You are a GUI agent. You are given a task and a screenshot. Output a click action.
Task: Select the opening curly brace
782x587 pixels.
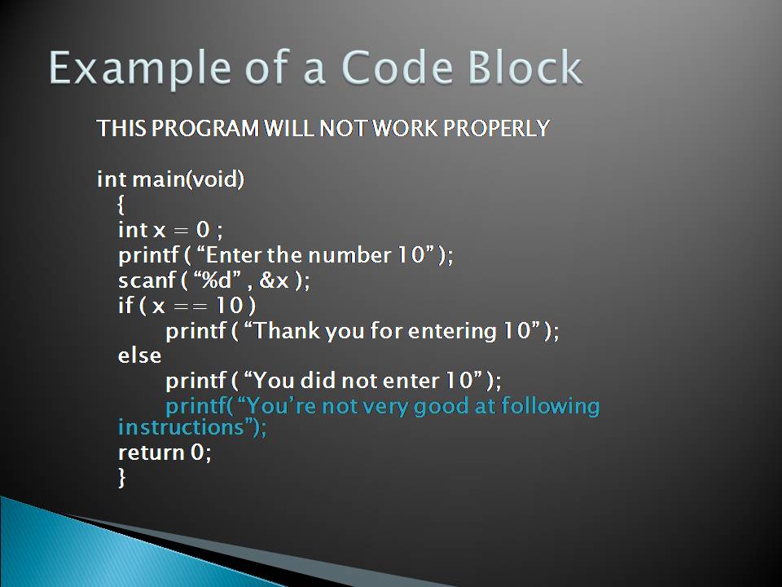pyautogui.click(x=122, y=204)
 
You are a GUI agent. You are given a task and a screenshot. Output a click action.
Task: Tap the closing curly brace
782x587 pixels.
pyautogui.click(x=122, y=478)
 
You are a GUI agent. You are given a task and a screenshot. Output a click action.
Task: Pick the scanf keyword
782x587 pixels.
pyautogui.click(x=143, y=280)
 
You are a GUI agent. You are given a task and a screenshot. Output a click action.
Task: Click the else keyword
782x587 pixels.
pyautogui.click(x=139, y=355)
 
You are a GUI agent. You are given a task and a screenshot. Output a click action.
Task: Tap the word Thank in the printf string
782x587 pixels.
pyautogui.click(x=288, y=331)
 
